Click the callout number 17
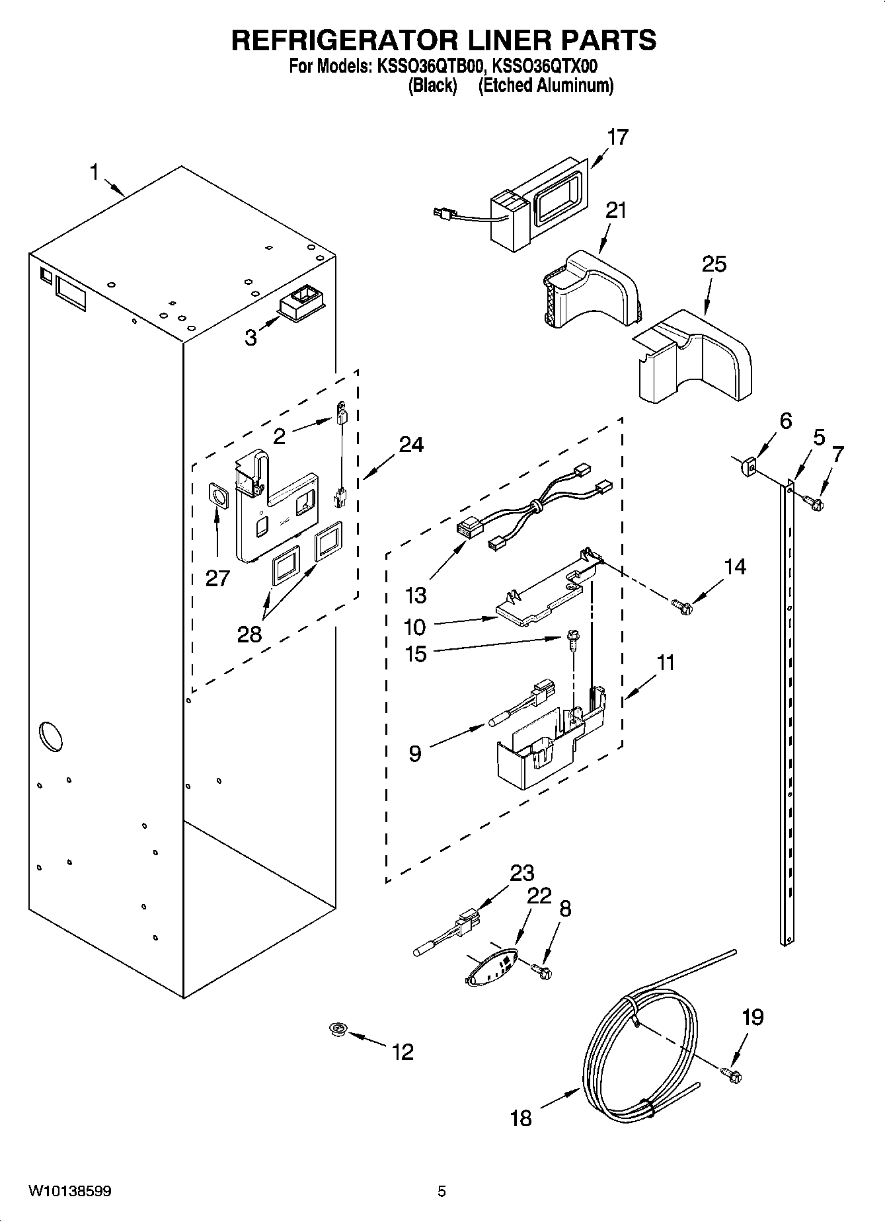point(618,137)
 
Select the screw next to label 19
point(732,1075)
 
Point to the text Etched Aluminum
point(545,86)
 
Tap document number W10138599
point(69,1192)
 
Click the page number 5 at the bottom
point(442,1192)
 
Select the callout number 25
point(714,264)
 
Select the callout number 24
point(411,445)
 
